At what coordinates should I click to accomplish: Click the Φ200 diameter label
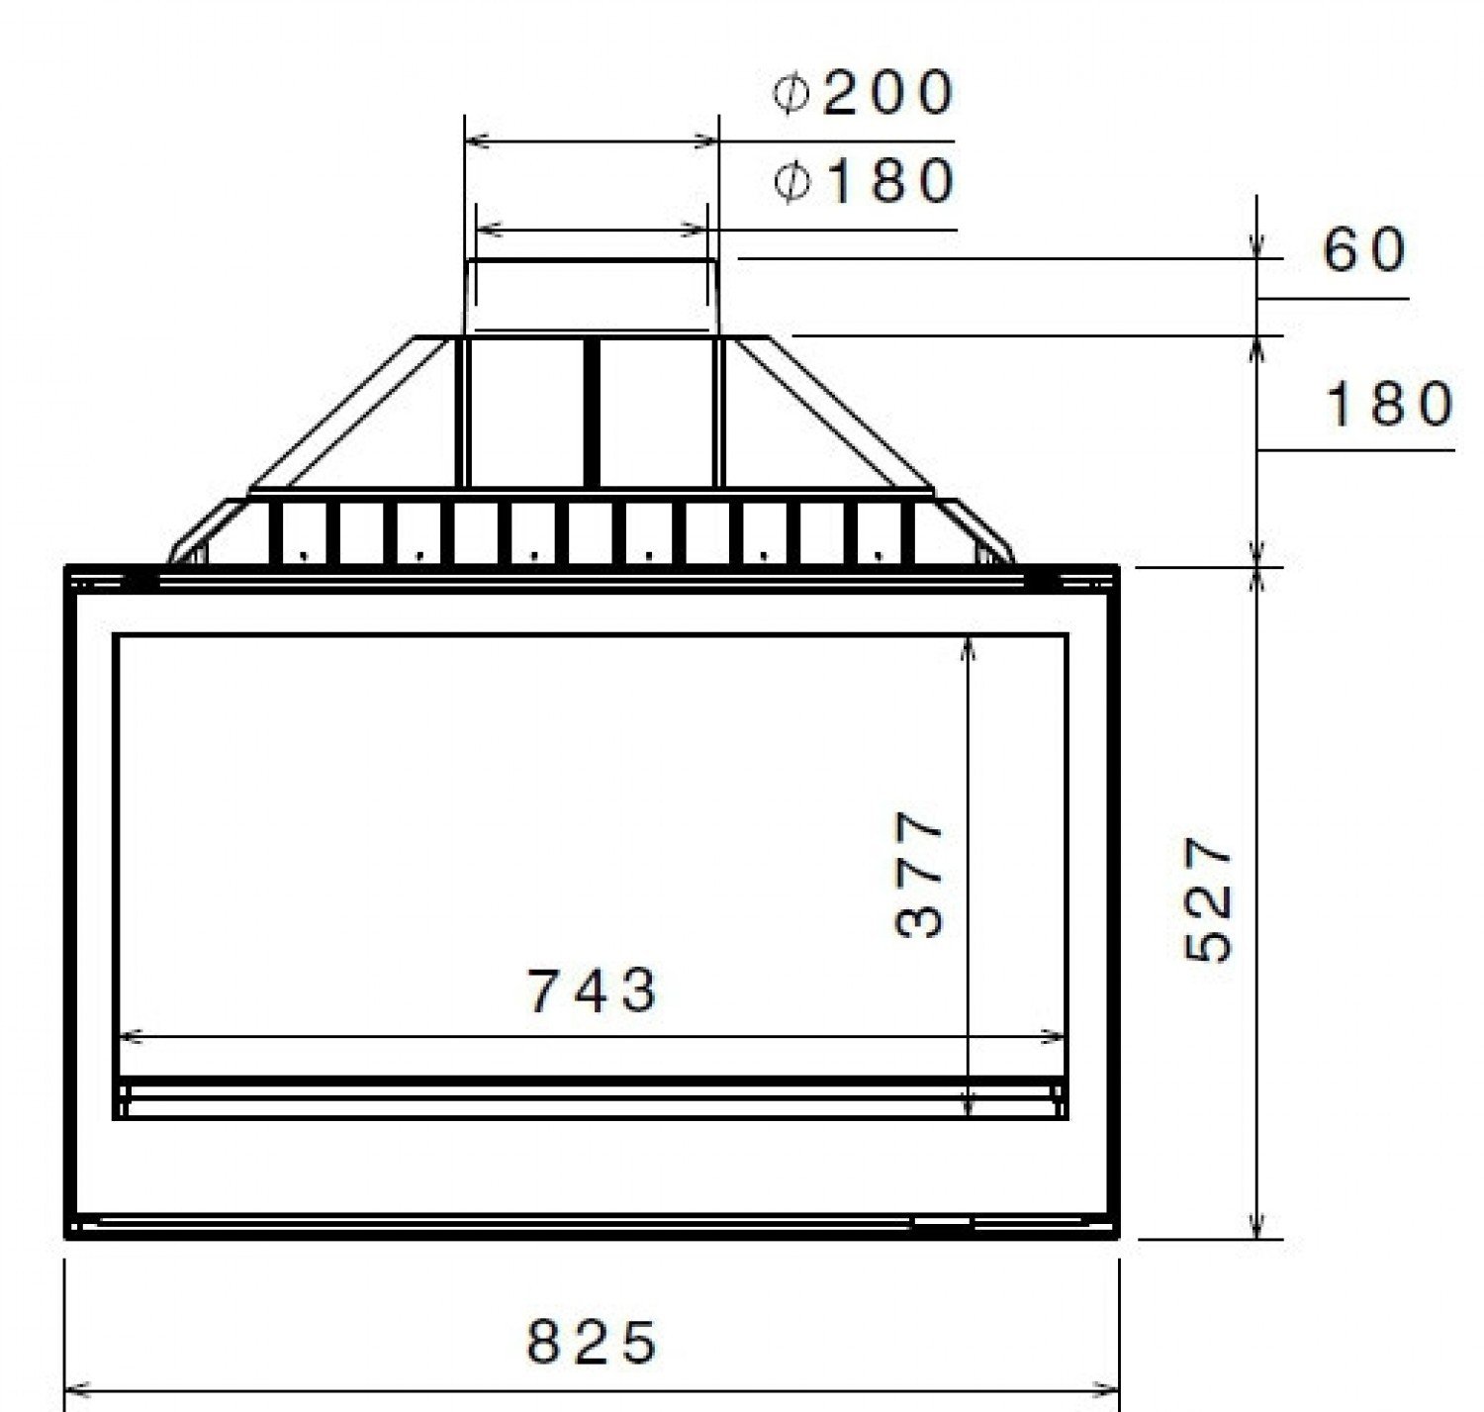863,93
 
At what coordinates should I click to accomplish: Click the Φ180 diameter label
865,181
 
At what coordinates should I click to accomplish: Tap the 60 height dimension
1364,250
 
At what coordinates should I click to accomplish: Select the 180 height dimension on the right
1388,404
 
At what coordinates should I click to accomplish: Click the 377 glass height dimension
919,874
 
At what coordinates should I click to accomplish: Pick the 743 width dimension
592,990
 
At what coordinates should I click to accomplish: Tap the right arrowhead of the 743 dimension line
1053,1037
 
